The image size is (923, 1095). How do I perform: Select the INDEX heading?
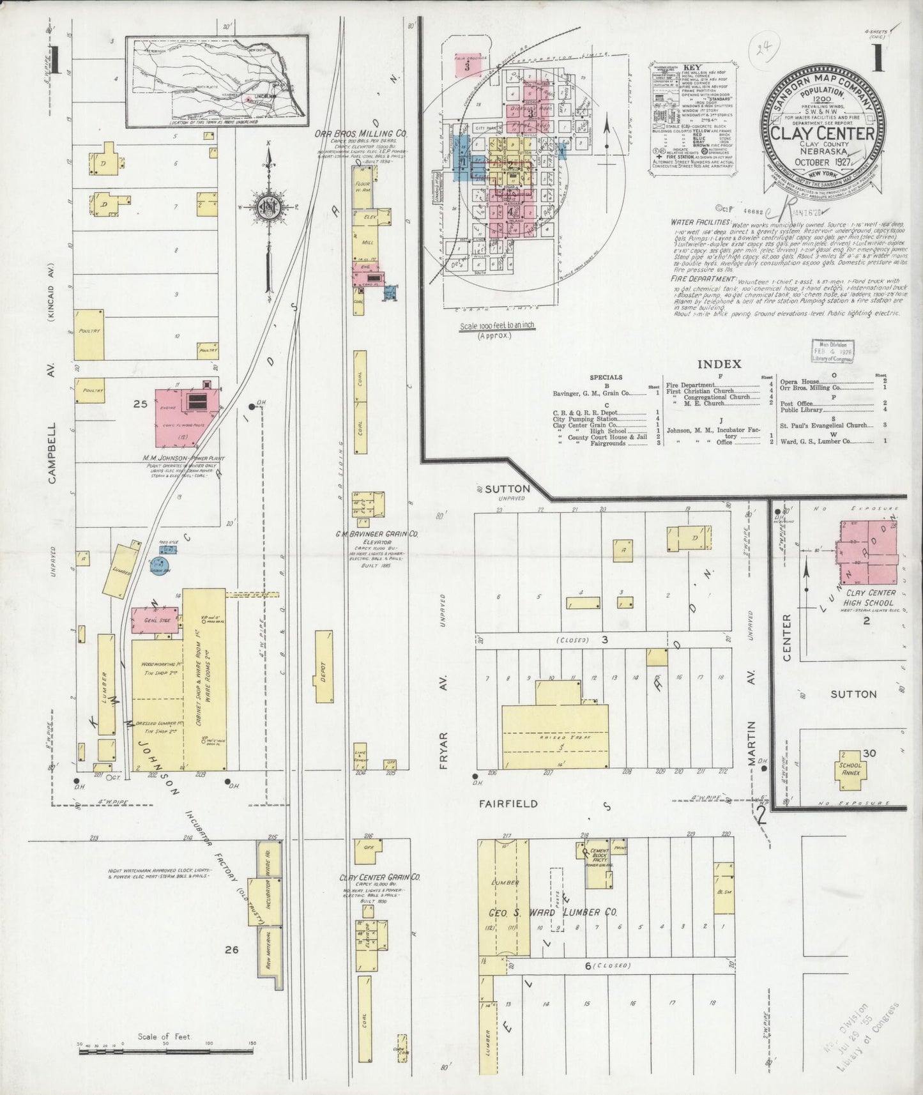pyautogui.click(x=719, y=364)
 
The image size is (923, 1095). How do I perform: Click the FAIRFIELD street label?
pyautogui.click(x=508, y=804)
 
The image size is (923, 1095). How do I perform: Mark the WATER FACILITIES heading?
pyautogui.click(x=700, y=222)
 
